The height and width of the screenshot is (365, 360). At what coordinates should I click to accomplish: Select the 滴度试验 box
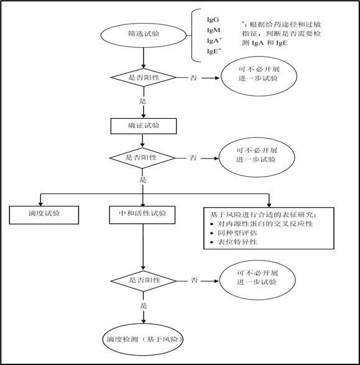click(x=44, y=214)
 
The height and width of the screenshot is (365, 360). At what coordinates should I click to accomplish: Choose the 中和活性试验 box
click(x=144, y=214)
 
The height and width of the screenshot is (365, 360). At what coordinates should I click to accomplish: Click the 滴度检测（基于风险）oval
click(x=144, y=340)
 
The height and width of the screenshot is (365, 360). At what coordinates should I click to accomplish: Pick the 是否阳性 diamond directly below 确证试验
click(x=144, y=158)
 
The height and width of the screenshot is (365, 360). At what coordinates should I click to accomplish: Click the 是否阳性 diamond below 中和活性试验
click(x=144, y=280)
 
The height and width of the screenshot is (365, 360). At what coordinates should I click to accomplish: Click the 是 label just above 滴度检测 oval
click(x=144, y=305)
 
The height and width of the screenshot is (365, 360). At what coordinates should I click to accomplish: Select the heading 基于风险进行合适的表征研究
click(x=269, y=213)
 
